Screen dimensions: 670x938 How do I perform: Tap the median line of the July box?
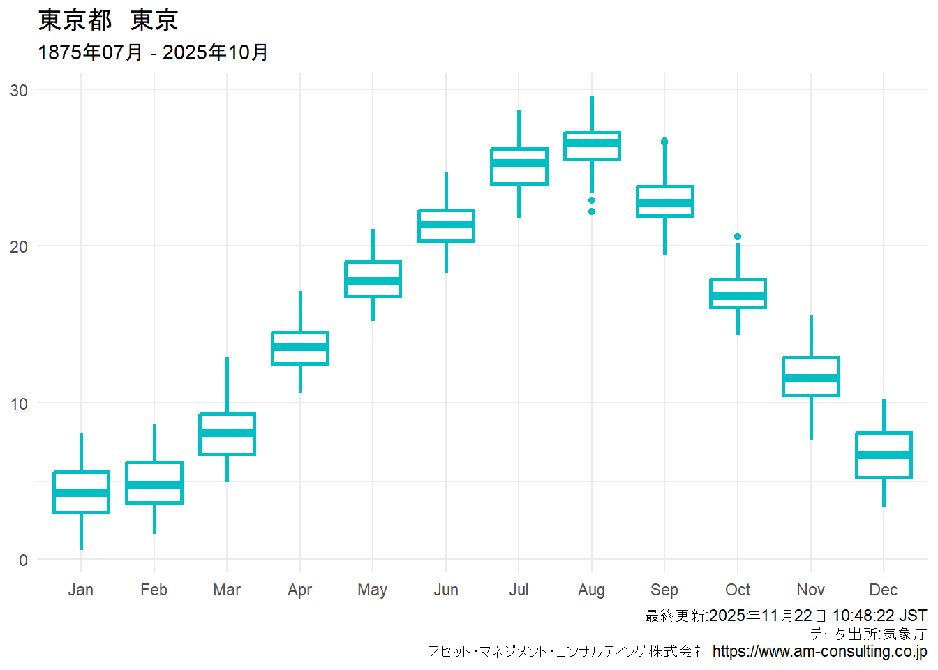pos(519,163)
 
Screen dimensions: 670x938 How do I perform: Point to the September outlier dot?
pos(664,142)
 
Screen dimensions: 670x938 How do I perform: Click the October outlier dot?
pos(738,237)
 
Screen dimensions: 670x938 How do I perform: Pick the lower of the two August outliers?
pos(592,211)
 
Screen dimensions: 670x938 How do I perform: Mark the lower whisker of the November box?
pos(811,418)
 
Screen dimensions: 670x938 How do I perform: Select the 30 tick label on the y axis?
pos(19,90)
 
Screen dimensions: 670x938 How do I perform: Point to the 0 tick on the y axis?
pos(23,560)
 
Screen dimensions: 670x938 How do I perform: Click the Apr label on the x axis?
pos(300,590)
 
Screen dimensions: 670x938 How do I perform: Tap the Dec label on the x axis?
pos(884,590)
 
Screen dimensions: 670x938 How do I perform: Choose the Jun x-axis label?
pos(446,590)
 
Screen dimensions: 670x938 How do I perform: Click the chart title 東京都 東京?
pos(108,20)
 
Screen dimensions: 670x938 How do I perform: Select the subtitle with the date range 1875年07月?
pos(153,52)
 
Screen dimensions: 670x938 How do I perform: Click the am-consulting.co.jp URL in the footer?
pos(819,651)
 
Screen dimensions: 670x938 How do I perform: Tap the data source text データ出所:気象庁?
pos(868,634)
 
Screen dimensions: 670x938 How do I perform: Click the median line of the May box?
pos(373,281)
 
